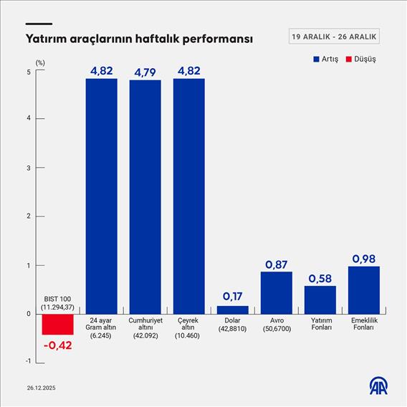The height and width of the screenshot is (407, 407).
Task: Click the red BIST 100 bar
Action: [57, 324]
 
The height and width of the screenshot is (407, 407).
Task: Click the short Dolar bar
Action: [232, 310]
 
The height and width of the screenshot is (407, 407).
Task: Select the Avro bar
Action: [276, 292]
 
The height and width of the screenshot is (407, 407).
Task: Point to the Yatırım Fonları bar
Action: [320, 300]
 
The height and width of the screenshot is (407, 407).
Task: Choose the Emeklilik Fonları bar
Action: [363, 289]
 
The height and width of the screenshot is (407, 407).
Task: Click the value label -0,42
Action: [57, 346]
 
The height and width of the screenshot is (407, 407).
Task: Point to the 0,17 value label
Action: [232, 296]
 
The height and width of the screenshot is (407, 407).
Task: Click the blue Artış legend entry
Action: [325, 59]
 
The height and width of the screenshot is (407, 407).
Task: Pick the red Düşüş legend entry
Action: [360, 59]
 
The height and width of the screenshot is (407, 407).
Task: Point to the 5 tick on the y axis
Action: [29, 72]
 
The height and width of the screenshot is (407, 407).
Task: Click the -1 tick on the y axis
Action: [27, 361]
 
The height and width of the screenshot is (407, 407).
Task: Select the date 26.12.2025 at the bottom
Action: [42, 388]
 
